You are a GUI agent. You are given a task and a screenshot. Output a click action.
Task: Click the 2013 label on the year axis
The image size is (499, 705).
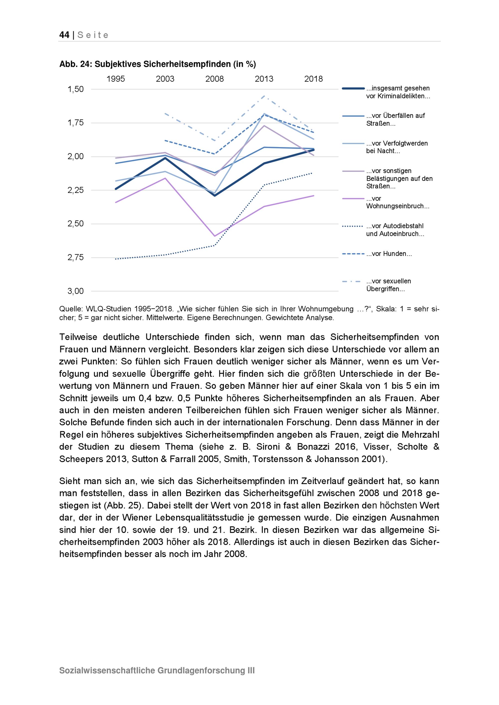[x=264, y=79]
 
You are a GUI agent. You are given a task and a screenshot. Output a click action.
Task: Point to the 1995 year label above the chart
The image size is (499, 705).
[x=116, y=79]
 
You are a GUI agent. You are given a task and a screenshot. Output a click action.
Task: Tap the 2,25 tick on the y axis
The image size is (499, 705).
[x=76, y=190]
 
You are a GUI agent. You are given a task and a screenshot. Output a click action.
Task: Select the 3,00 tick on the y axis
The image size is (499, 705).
[x=76, y=291]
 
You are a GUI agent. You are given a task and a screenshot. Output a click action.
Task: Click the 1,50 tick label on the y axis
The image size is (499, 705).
[x=76, y=89]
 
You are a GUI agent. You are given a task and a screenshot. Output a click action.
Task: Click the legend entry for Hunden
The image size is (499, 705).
[x=389, y=254]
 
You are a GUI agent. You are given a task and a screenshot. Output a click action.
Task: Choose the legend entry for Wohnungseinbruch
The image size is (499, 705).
[x=397, y=202]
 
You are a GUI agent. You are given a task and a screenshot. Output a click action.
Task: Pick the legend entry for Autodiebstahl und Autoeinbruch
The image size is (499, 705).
[x=395, y=230]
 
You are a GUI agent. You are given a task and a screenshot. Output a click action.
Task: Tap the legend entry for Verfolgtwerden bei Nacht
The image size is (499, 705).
[x=397, y=147]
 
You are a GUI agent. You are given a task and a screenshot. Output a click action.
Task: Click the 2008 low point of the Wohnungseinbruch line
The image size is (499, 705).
[x=214, y=236]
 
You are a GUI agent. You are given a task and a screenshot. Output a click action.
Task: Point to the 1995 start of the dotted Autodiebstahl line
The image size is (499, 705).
[x=116, y=259]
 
